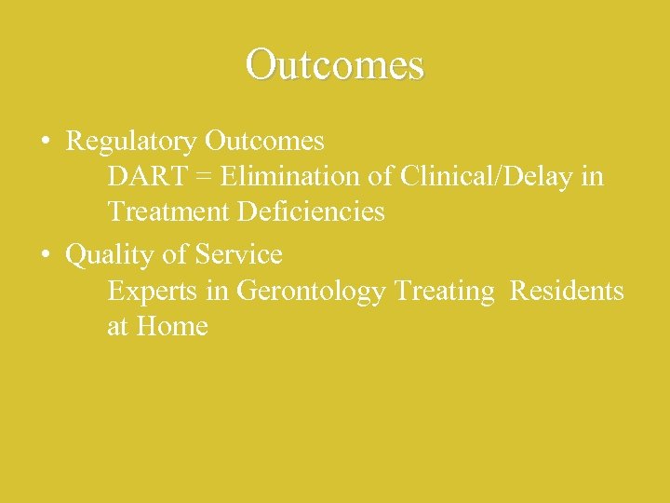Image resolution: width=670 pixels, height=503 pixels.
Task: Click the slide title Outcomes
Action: click(x=335, y=64)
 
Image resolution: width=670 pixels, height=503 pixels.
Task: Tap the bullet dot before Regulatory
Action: click(x=46, y=143)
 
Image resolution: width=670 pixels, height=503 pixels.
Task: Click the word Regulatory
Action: click(x=131, y=142)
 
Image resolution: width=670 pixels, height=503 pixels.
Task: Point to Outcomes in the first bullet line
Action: click(x=264, y=142)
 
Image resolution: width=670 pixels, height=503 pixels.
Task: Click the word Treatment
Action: click(x=168, y=212)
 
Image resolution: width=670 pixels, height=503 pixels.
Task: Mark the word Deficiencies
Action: click(x=311, y=212)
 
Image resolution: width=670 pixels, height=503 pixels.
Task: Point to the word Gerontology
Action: click(x=311, y=292)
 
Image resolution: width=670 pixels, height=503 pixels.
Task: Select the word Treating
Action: click(x=445, y=292)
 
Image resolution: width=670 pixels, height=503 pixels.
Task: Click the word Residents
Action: click(x=567, y=291)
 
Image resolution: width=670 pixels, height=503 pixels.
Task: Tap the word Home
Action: click(x=172, y=327)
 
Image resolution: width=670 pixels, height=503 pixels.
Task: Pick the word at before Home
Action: click(x=117, y=328)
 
